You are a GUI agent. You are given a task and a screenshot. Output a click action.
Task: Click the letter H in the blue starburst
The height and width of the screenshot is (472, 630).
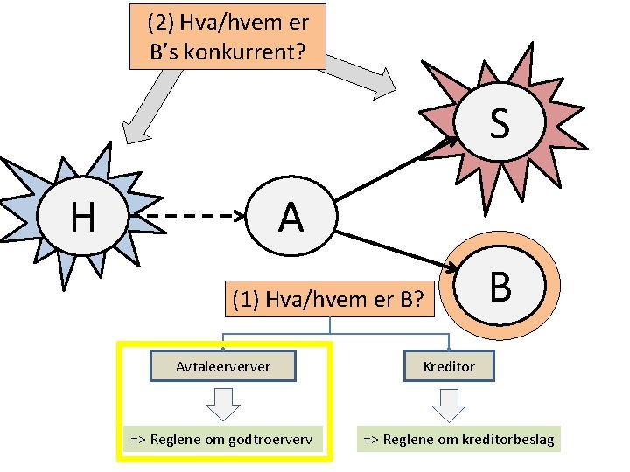pyautogui.click(x=82, y=216)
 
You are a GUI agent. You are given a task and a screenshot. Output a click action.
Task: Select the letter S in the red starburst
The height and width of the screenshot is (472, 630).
pyautogui.click(x=500, y=123)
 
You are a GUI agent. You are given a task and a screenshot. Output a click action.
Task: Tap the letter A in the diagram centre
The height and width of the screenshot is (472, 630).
pyautogui.click(x=290, y=217)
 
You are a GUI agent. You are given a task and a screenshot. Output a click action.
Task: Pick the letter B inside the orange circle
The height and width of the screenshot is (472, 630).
pyautogui.click(x=500, y=287)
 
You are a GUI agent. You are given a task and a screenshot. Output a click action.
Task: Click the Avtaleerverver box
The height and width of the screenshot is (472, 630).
pyautogui.click(x=223, y=366)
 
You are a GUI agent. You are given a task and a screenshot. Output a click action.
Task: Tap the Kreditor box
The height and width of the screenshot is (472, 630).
pyautogui.click(x=449, y=366)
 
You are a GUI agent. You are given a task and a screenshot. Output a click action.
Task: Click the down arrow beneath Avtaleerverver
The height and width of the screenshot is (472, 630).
pyautogui.click(x=225, y=403)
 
